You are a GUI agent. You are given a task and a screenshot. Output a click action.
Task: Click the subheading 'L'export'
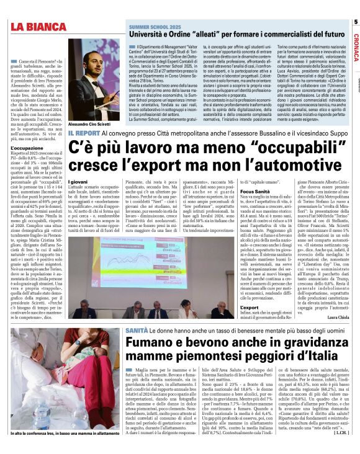pyautogui.click(x=250, y=306)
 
